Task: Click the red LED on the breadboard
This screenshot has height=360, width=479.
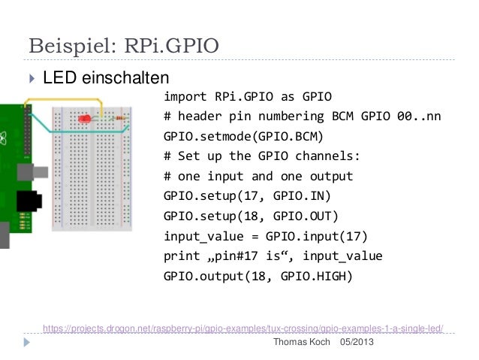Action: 85,119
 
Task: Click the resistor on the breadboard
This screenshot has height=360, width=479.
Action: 118,118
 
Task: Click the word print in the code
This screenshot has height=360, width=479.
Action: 182,256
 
